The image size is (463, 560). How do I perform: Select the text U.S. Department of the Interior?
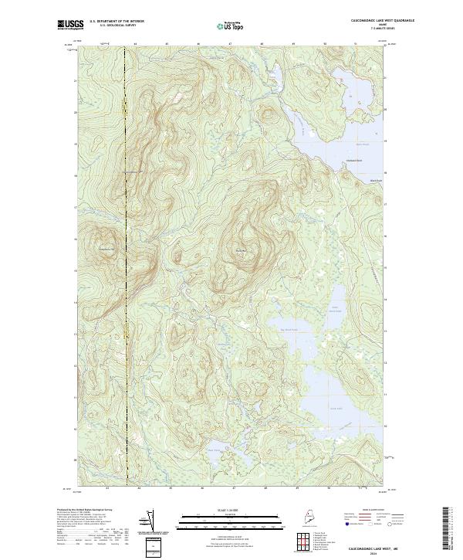(117, 22)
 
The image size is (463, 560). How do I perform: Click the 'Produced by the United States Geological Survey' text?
(78, 511)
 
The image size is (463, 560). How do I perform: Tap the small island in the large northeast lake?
(333, 76)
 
